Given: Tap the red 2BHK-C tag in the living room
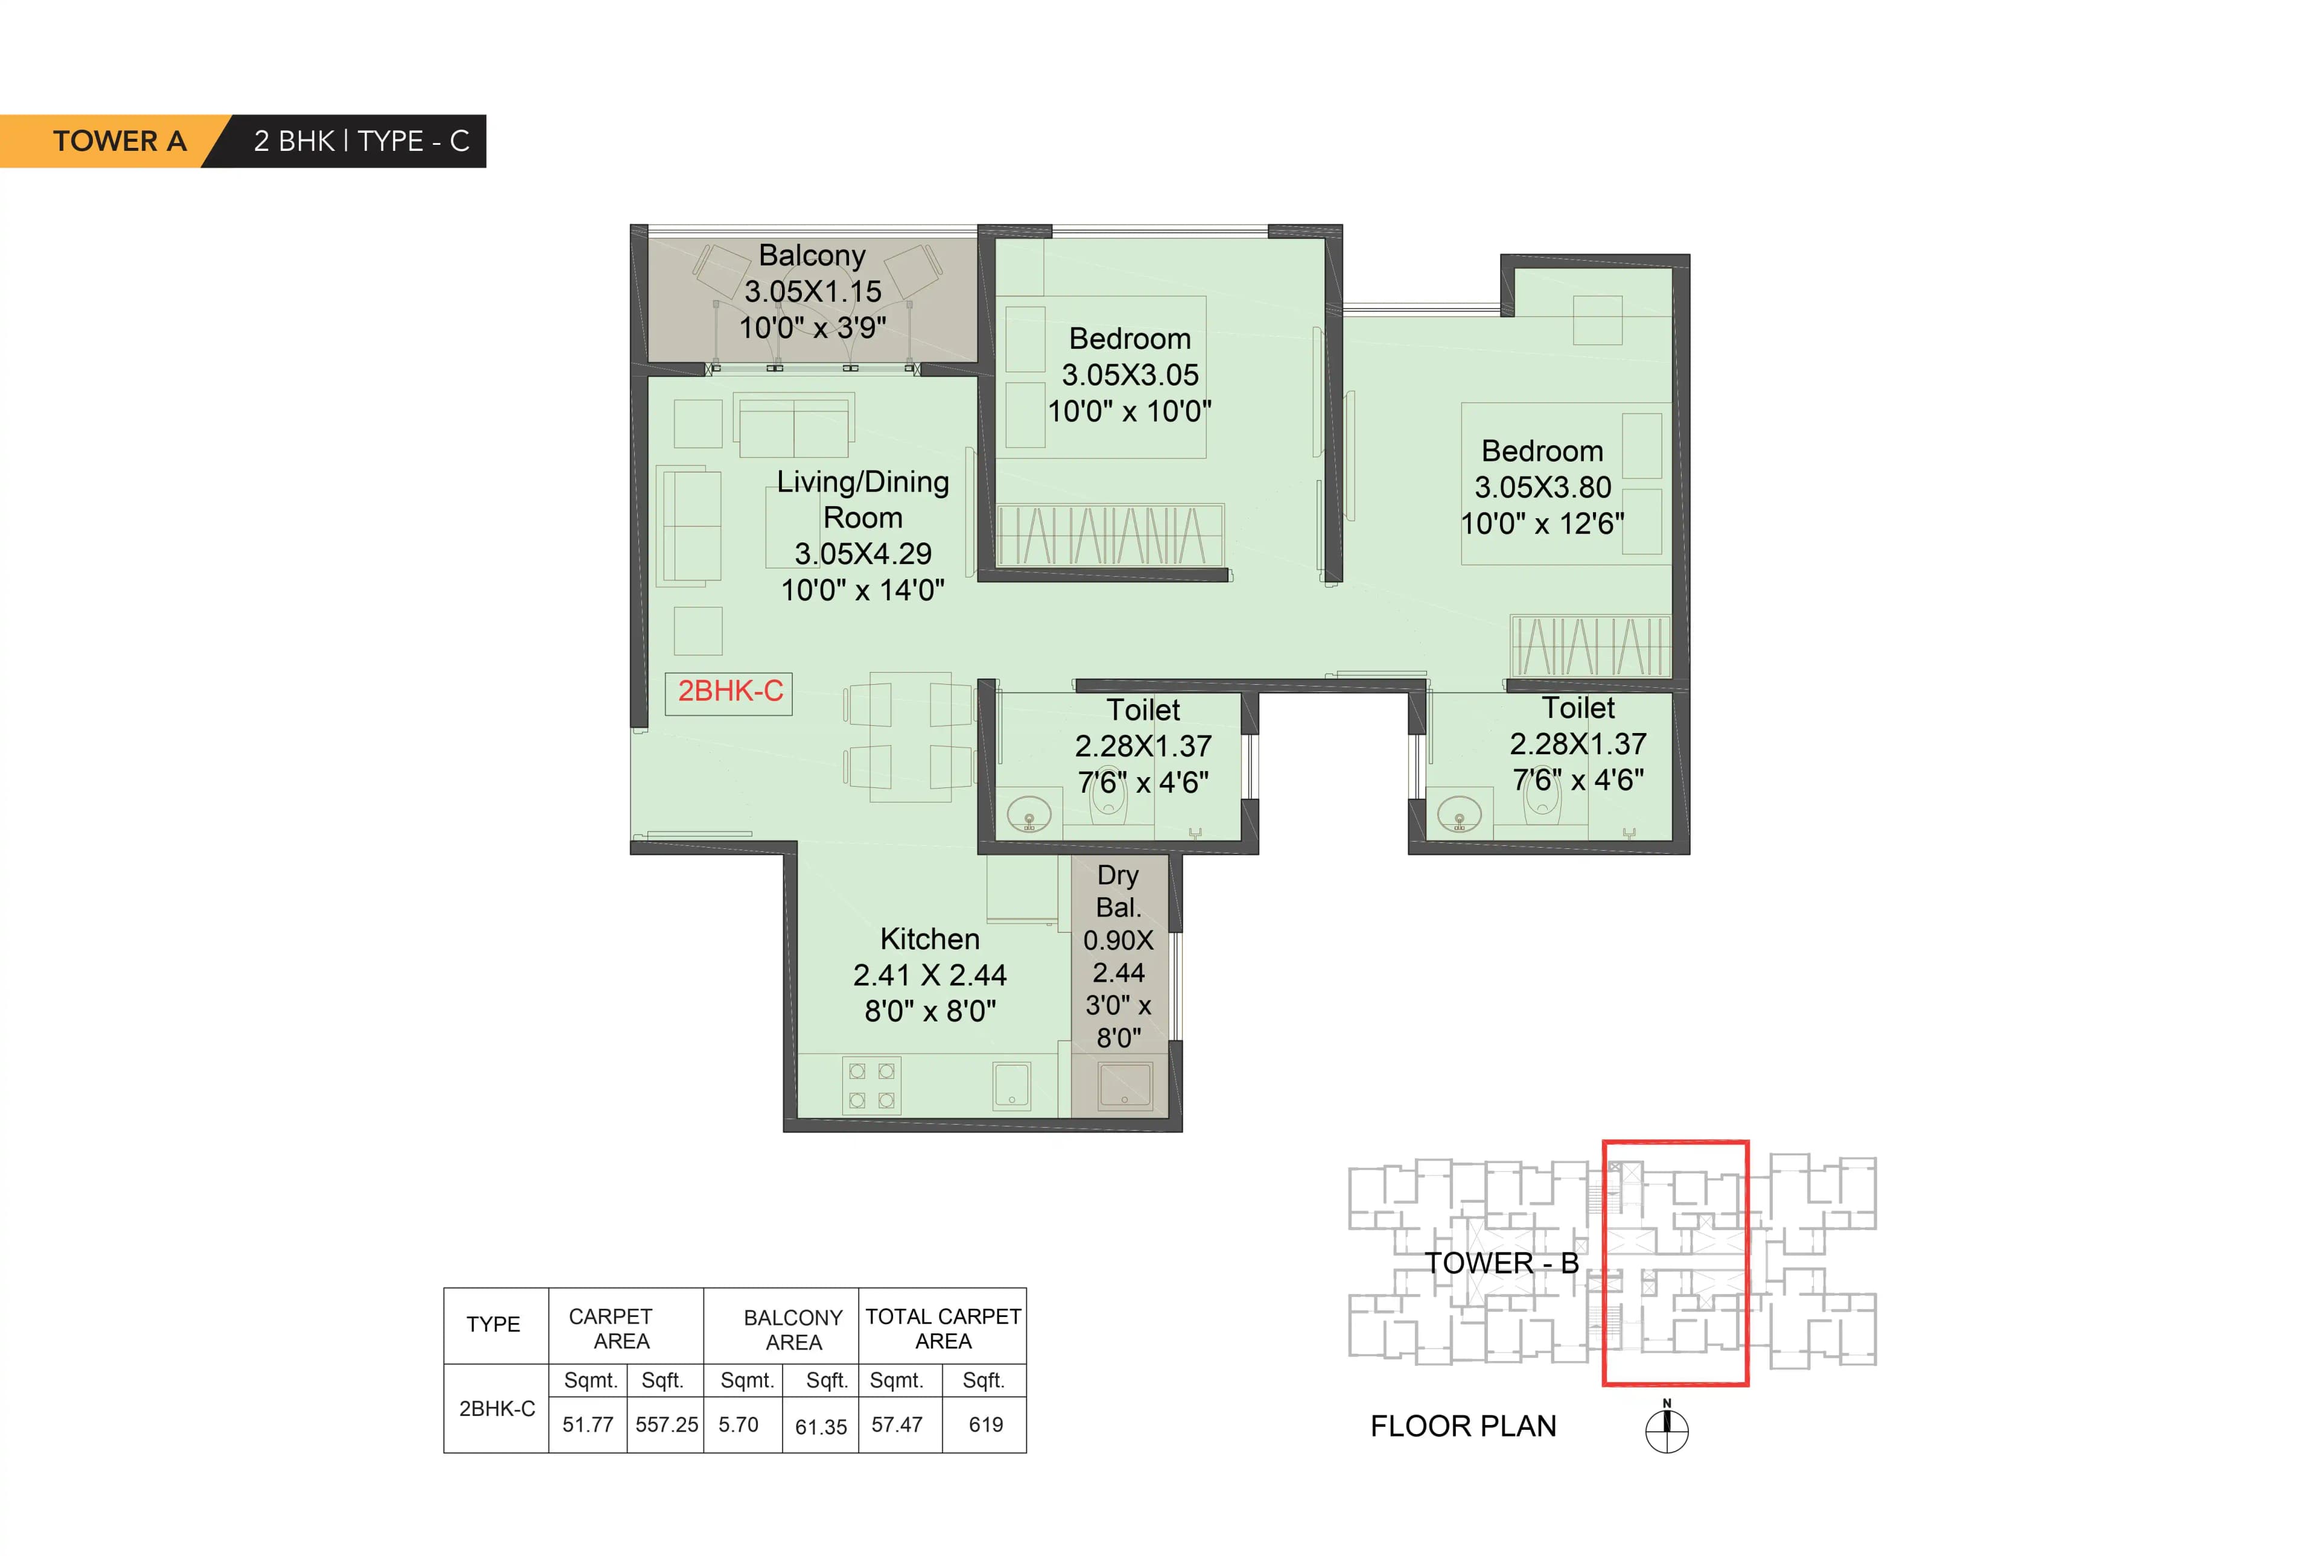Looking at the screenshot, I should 729,691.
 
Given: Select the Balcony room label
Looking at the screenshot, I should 812,255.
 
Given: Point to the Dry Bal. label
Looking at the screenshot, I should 1117,891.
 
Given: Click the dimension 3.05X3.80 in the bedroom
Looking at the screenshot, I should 1542,487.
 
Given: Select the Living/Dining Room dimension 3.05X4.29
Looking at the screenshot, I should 862,554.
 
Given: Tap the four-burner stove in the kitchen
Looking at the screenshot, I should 871,1085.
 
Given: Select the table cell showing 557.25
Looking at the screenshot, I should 666,1424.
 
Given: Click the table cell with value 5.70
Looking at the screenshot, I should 739,1424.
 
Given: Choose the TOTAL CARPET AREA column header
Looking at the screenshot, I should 942,1328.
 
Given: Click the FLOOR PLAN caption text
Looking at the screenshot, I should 1463,1426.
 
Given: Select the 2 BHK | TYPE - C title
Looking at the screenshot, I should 361,141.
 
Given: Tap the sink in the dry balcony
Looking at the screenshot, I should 1124,1085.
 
